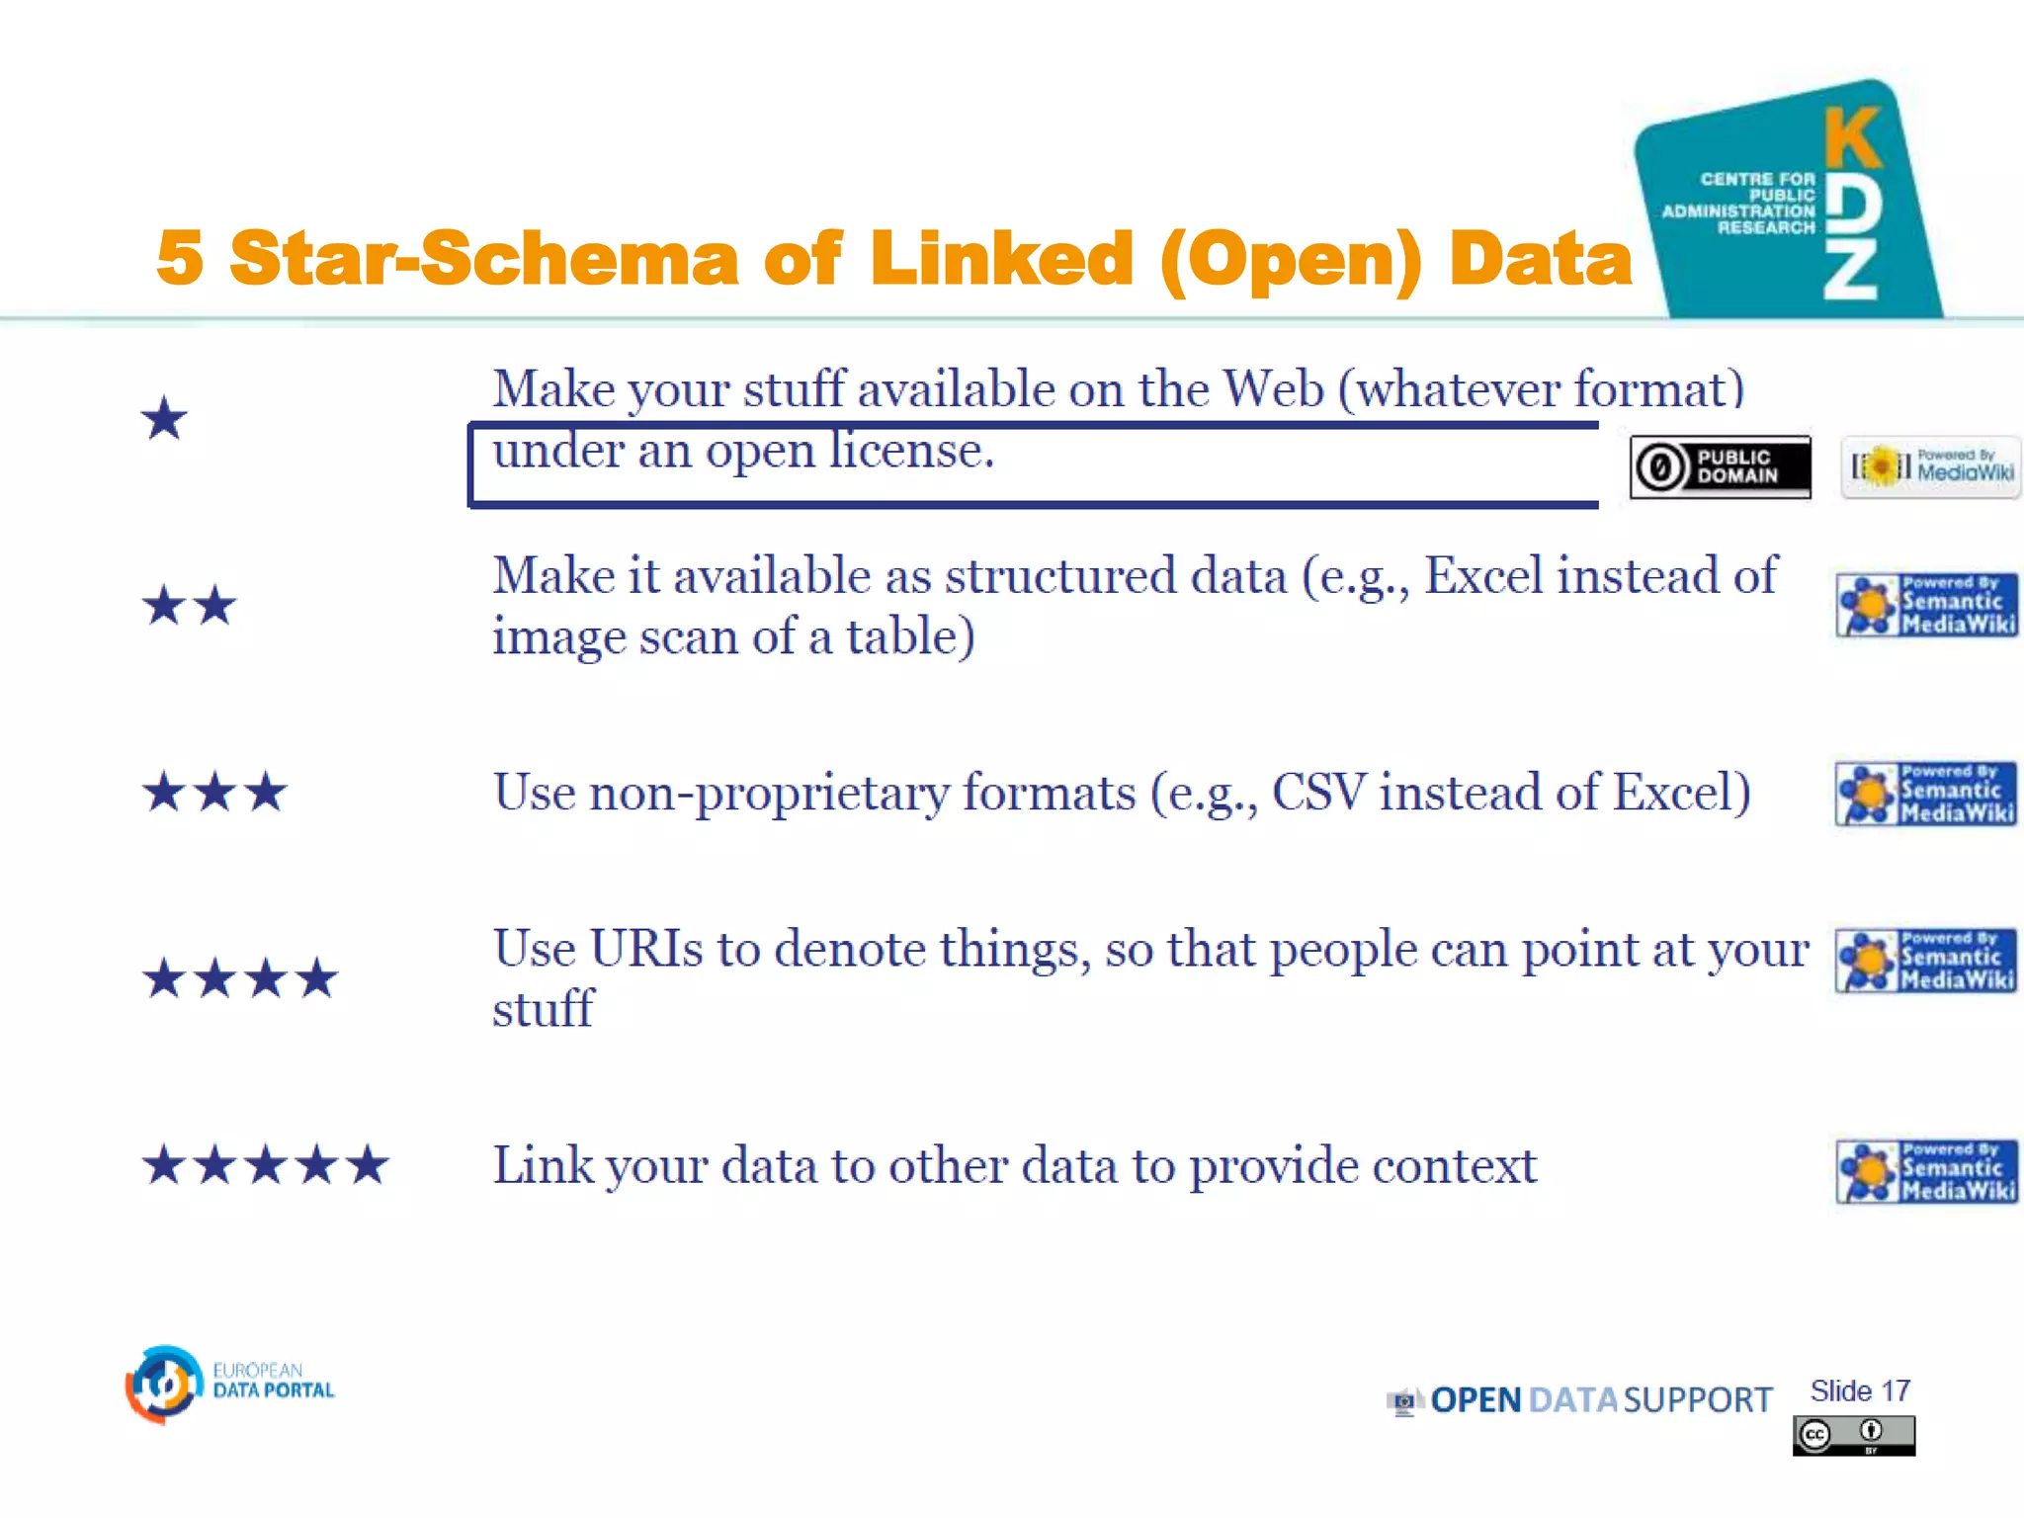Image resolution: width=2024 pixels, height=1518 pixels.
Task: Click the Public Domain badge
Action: tap(1720, 466)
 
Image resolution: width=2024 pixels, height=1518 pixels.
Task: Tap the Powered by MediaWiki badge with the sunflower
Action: tap(1930, 466)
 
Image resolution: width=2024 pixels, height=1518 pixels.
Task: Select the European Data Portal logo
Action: tap(230, 1384)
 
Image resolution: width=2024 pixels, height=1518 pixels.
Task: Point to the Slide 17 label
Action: tap(1859, 1391)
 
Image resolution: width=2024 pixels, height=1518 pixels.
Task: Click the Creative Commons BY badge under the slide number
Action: tap(1853, 1435)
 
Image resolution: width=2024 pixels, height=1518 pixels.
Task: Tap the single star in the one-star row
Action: tap(164, 418)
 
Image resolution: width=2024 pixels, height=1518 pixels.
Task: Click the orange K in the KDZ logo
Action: tap(1852, 138)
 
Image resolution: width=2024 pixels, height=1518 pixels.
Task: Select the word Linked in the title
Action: tap(1001, 258)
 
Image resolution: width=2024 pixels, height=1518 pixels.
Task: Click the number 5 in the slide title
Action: tap(180, 258)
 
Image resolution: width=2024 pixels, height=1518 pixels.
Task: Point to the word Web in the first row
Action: tap(1273, 388)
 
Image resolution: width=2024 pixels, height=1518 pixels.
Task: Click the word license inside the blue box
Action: tap(909, 451)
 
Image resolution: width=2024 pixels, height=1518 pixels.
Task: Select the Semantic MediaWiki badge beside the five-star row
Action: tap(1926, 1171)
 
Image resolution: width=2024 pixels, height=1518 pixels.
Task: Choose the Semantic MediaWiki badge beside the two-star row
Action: tap(1926, 605)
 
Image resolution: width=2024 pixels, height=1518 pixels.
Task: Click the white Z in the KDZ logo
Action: tap(1850, 272)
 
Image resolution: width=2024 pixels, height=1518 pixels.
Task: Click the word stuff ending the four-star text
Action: tap(543, 1009)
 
